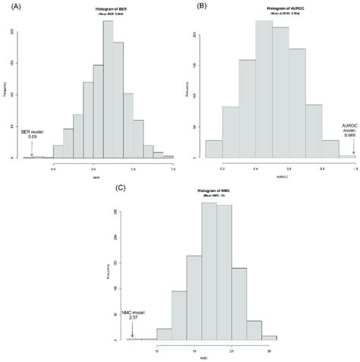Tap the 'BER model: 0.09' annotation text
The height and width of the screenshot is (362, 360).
33,135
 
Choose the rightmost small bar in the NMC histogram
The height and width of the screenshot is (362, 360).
269,337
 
